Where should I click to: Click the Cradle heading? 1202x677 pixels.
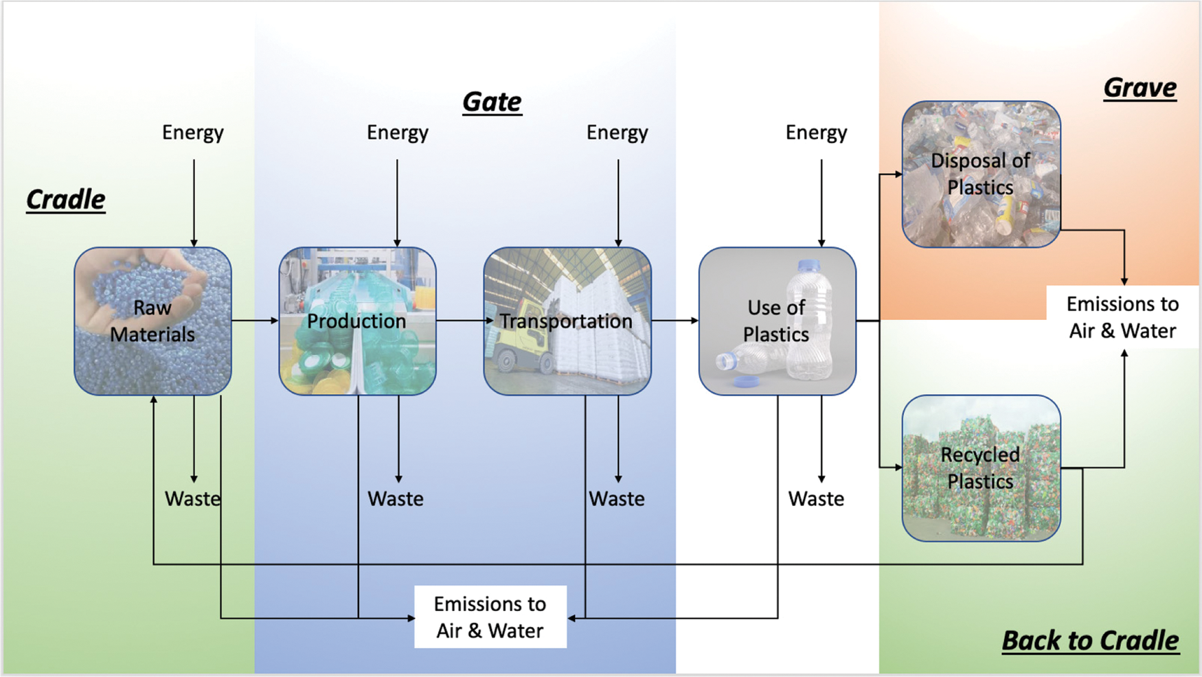66,199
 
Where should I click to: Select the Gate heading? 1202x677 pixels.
492,102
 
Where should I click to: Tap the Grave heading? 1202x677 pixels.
1139,87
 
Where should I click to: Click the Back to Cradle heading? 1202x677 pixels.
1090,640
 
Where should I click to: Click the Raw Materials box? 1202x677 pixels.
152,321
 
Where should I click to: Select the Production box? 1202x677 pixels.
357,321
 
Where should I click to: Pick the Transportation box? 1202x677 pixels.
567,321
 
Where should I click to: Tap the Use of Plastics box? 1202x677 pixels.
777,321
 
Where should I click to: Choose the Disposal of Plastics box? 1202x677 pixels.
981,174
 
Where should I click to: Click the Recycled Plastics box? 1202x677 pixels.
981,468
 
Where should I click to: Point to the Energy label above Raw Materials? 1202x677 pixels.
193,132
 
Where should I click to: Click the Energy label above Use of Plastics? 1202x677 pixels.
816,132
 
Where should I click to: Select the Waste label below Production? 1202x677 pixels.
396,498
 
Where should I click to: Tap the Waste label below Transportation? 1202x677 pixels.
617,498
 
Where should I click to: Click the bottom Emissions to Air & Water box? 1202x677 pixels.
490,617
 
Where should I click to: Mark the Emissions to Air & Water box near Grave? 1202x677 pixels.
1122,317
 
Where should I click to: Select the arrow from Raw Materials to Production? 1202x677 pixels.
255,320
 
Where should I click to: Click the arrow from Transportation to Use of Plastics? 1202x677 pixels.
674,320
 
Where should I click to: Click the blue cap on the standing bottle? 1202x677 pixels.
809,265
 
